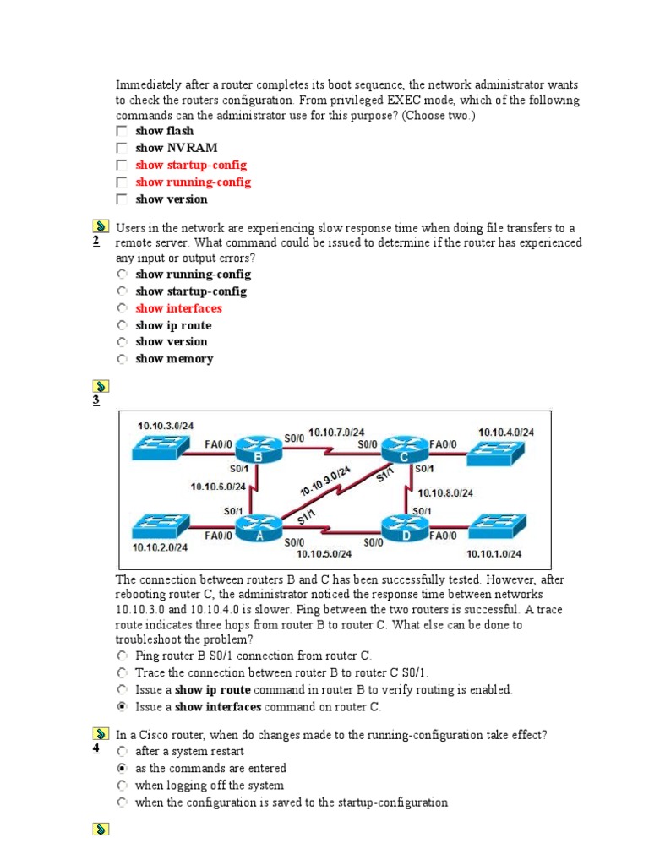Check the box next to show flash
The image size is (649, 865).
pos(123,131)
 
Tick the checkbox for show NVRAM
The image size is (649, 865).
pos(123,148)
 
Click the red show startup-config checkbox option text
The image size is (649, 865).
pos(191,165)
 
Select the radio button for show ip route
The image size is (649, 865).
pos(123,325)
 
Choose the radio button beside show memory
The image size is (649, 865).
pos(123,359)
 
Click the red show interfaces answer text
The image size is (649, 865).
pos(178,308)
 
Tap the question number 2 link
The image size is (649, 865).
pos(96,242)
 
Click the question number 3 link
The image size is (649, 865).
pos(96,400)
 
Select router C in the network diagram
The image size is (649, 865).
pos(404,449)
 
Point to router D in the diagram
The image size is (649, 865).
pos(404,529)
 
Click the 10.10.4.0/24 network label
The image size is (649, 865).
pos(504,432)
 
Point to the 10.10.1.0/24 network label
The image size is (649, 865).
pos(494,554)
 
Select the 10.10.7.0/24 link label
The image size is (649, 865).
pos(336,432)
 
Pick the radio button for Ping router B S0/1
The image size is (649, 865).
pos(123,656)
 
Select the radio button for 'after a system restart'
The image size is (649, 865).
pos(123,751)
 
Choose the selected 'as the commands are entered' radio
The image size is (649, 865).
pos(123,769)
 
